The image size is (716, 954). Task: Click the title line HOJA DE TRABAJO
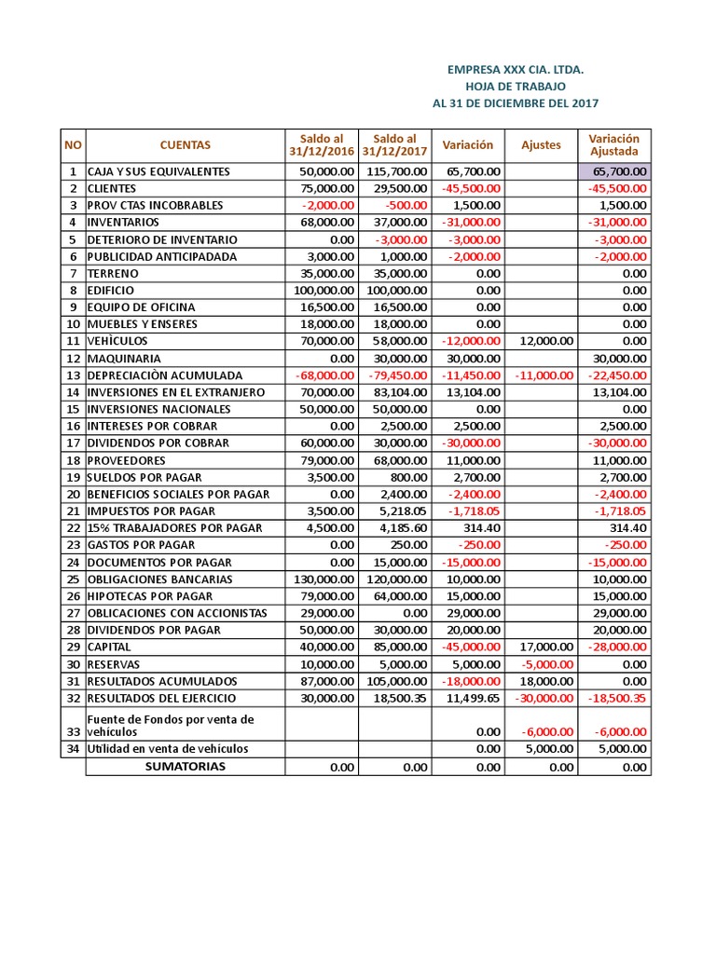click(516, 86)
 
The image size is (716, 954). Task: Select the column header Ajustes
click(541, 145)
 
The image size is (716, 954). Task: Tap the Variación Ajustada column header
click(613, 145)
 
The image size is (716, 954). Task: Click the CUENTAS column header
click(185, 145)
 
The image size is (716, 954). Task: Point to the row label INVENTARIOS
click(123, 223)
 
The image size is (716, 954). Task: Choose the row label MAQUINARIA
click(124, 359)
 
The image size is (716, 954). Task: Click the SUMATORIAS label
click(185, 767)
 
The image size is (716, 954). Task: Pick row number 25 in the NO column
click(73, 579)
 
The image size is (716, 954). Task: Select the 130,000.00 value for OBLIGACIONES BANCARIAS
click(324, 579)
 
